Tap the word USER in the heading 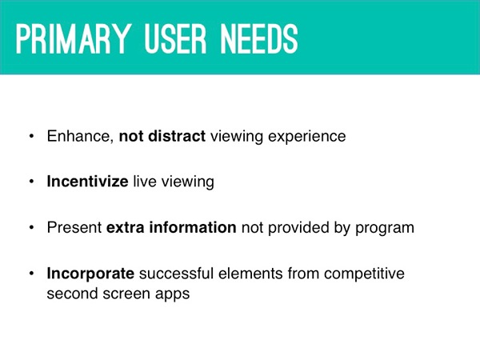coord(175,39)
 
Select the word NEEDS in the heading coord(259,39)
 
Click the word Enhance coord(80,136)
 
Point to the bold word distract coord(177,136)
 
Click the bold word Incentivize coord(87,182)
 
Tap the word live coord(145,182)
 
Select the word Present coord(74,227)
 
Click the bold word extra coord(126,227)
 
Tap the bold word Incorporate coord(90,274)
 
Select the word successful coord(176,273)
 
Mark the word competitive coord(364,274)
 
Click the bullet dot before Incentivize coord(31,182)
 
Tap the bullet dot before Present coord(31,228)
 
